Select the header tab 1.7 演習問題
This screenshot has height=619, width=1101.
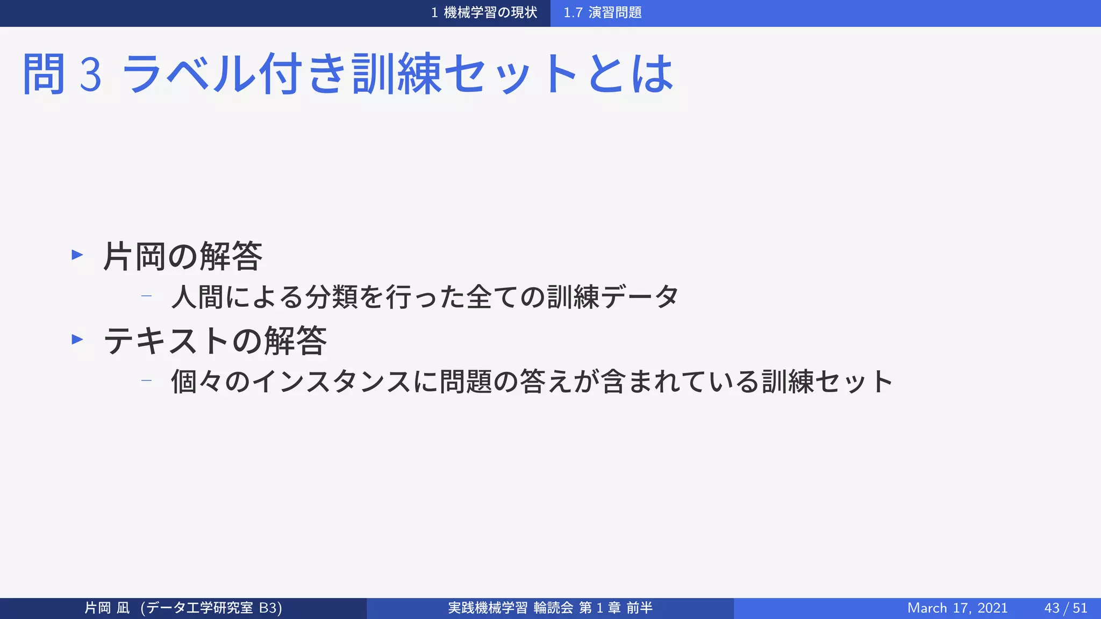tap(602, 13)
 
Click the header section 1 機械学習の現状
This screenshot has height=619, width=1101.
tap(484, 13)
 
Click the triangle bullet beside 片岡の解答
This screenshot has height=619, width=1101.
tap(77, 255)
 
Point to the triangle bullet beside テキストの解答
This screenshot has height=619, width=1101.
tap(77, 339)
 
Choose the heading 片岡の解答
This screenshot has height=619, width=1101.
tap(183, 256)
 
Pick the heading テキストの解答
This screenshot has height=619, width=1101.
tap(215, 341)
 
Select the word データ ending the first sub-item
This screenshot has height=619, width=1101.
tap(640, 297)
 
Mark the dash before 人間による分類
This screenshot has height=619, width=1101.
tap(146, 296)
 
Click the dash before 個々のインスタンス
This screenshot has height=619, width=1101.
tap(146, 380)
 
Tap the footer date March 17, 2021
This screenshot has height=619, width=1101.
tap(957, 608)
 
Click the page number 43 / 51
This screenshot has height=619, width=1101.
tap(1066, 608)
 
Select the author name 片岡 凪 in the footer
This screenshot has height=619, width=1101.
tap(107, 608)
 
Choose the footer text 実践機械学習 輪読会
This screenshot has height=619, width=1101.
tap(511, 608)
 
